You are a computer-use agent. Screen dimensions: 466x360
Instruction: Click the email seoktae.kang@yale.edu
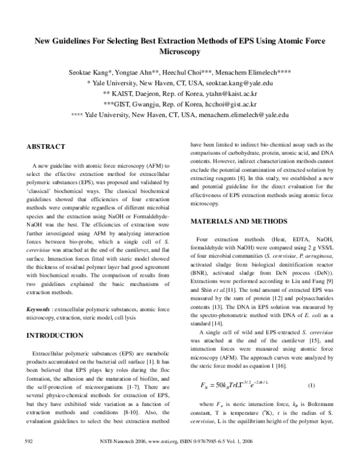[242, 83]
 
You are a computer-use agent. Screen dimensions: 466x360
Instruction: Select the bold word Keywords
[38, 309]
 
